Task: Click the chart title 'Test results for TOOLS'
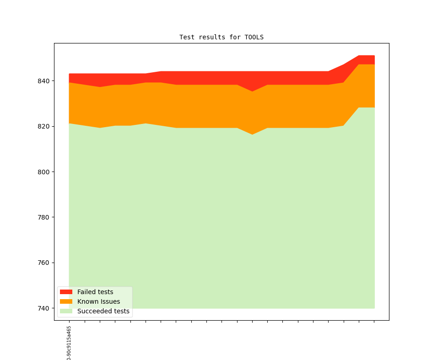[x=221, y=37]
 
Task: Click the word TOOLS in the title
[x=254, y=37]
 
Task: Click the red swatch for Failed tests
[x=66, y=292]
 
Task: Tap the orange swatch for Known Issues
[x=66, y=301]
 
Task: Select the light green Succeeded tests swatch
[x=66, y=311]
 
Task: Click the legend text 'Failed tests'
[x=95, y=292]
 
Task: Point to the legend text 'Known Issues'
[x=98, y=301]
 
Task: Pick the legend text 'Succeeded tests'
[x=103, y=311]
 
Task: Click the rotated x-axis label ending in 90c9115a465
[x=69, y=343]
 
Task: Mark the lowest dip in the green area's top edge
[x=252, y=134]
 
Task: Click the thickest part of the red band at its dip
[x=252, y=81]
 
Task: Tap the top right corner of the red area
[x=374, y=56]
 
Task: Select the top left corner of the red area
[x=69, y=74]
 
